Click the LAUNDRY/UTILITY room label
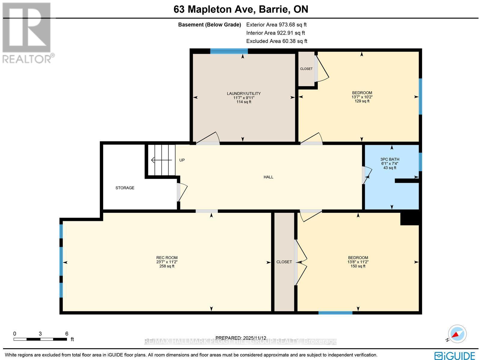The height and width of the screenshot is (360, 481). (x=244, y=93)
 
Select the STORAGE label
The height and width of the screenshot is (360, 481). (x=125, y=188)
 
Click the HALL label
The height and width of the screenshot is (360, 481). (x=268, y=177)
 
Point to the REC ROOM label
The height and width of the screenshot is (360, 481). (x=167, y=258)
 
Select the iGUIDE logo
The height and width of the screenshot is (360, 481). (x=455, y=355)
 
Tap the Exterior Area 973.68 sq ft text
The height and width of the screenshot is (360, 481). (x=276, y=25)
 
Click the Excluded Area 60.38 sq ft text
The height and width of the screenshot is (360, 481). (x=277, y=41)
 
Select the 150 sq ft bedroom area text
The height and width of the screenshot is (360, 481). (x=358, y=266)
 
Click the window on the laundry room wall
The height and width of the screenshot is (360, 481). (x=229, y=51)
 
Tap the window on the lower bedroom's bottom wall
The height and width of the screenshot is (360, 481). (x=335, y=313)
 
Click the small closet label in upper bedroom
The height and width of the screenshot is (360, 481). (x=306, y=69)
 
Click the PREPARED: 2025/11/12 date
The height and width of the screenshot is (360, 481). (x=241, y=338)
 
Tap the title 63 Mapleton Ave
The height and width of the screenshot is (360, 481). (x=241, y=9)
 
